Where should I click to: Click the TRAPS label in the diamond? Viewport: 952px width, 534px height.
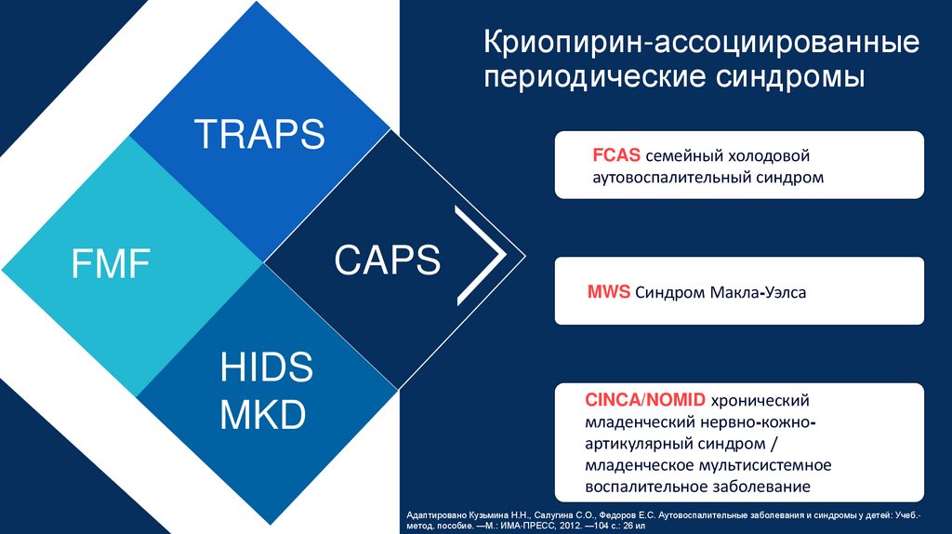(x=259, y=134)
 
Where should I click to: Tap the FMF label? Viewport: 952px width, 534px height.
(x=112, y=263)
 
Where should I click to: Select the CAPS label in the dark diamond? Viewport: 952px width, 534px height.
(x=388, y=260)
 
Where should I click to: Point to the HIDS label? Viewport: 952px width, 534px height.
(x=267, y=367)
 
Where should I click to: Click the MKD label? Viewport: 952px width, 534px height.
(x=263, y=414)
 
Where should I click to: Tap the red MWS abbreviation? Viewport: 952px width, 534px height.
(x=609, y=292)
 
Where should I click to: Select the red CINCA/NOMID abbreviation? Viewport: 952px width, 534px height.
(x=645, y=401)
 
